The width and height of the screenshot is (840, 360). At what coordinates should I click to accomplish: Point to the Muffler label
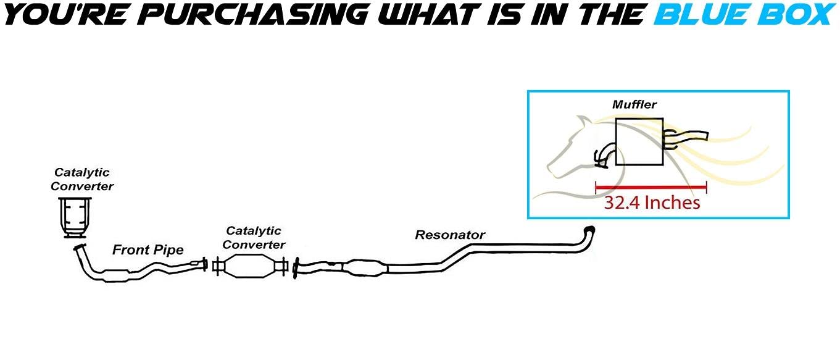pos(634,104)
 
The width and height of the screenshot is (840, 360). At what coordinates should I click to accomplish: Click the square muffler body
pos(639,141)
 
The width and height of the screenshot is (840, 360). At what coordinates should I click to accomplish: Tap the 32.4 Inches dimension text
pos(652,202)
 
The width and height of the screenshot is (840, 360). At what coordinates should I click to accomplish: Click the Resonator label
pos(450,235)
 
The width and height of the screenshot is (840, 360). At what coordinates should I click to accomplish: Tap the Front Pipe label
pos(148,250)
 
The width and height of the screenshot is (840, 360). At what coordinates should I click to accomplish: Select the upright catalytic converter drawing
pos(75,217)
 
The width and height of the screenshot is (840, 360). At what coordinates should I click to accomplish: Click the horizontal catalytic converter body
pos(249,267)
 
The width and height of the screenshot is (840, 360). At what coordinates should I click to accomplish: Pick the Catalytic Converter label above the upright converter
pos(82,178)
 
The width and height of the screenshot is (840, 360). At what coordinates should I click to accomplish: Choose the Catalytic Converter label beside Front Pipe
pos(254,238)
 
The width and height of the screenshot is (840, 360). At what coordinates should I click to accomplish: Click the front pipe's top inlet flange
pos(78,248)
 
